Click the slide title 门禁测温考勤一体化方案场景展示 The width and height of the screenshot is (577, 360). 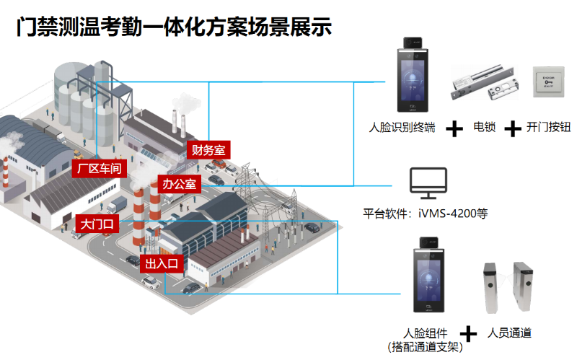(174, 27)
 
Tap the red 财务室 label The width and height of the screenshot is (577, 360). (208, 150)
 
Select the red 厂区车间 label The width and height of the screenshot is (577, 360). (99, 170)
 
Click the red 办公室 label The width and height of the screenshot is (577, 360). (179, 184)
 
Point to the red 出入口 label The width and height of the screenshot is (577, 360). (162, 263)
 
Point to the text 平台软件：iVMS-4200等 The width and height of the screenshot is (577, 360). (426, 214)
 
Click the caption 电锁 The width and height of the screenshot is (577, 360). (484, 128)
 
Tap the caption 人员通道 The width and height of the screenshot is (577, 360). (509, 333)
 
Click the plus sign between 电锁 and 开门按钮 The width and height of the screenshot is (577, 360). (512, 129)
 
